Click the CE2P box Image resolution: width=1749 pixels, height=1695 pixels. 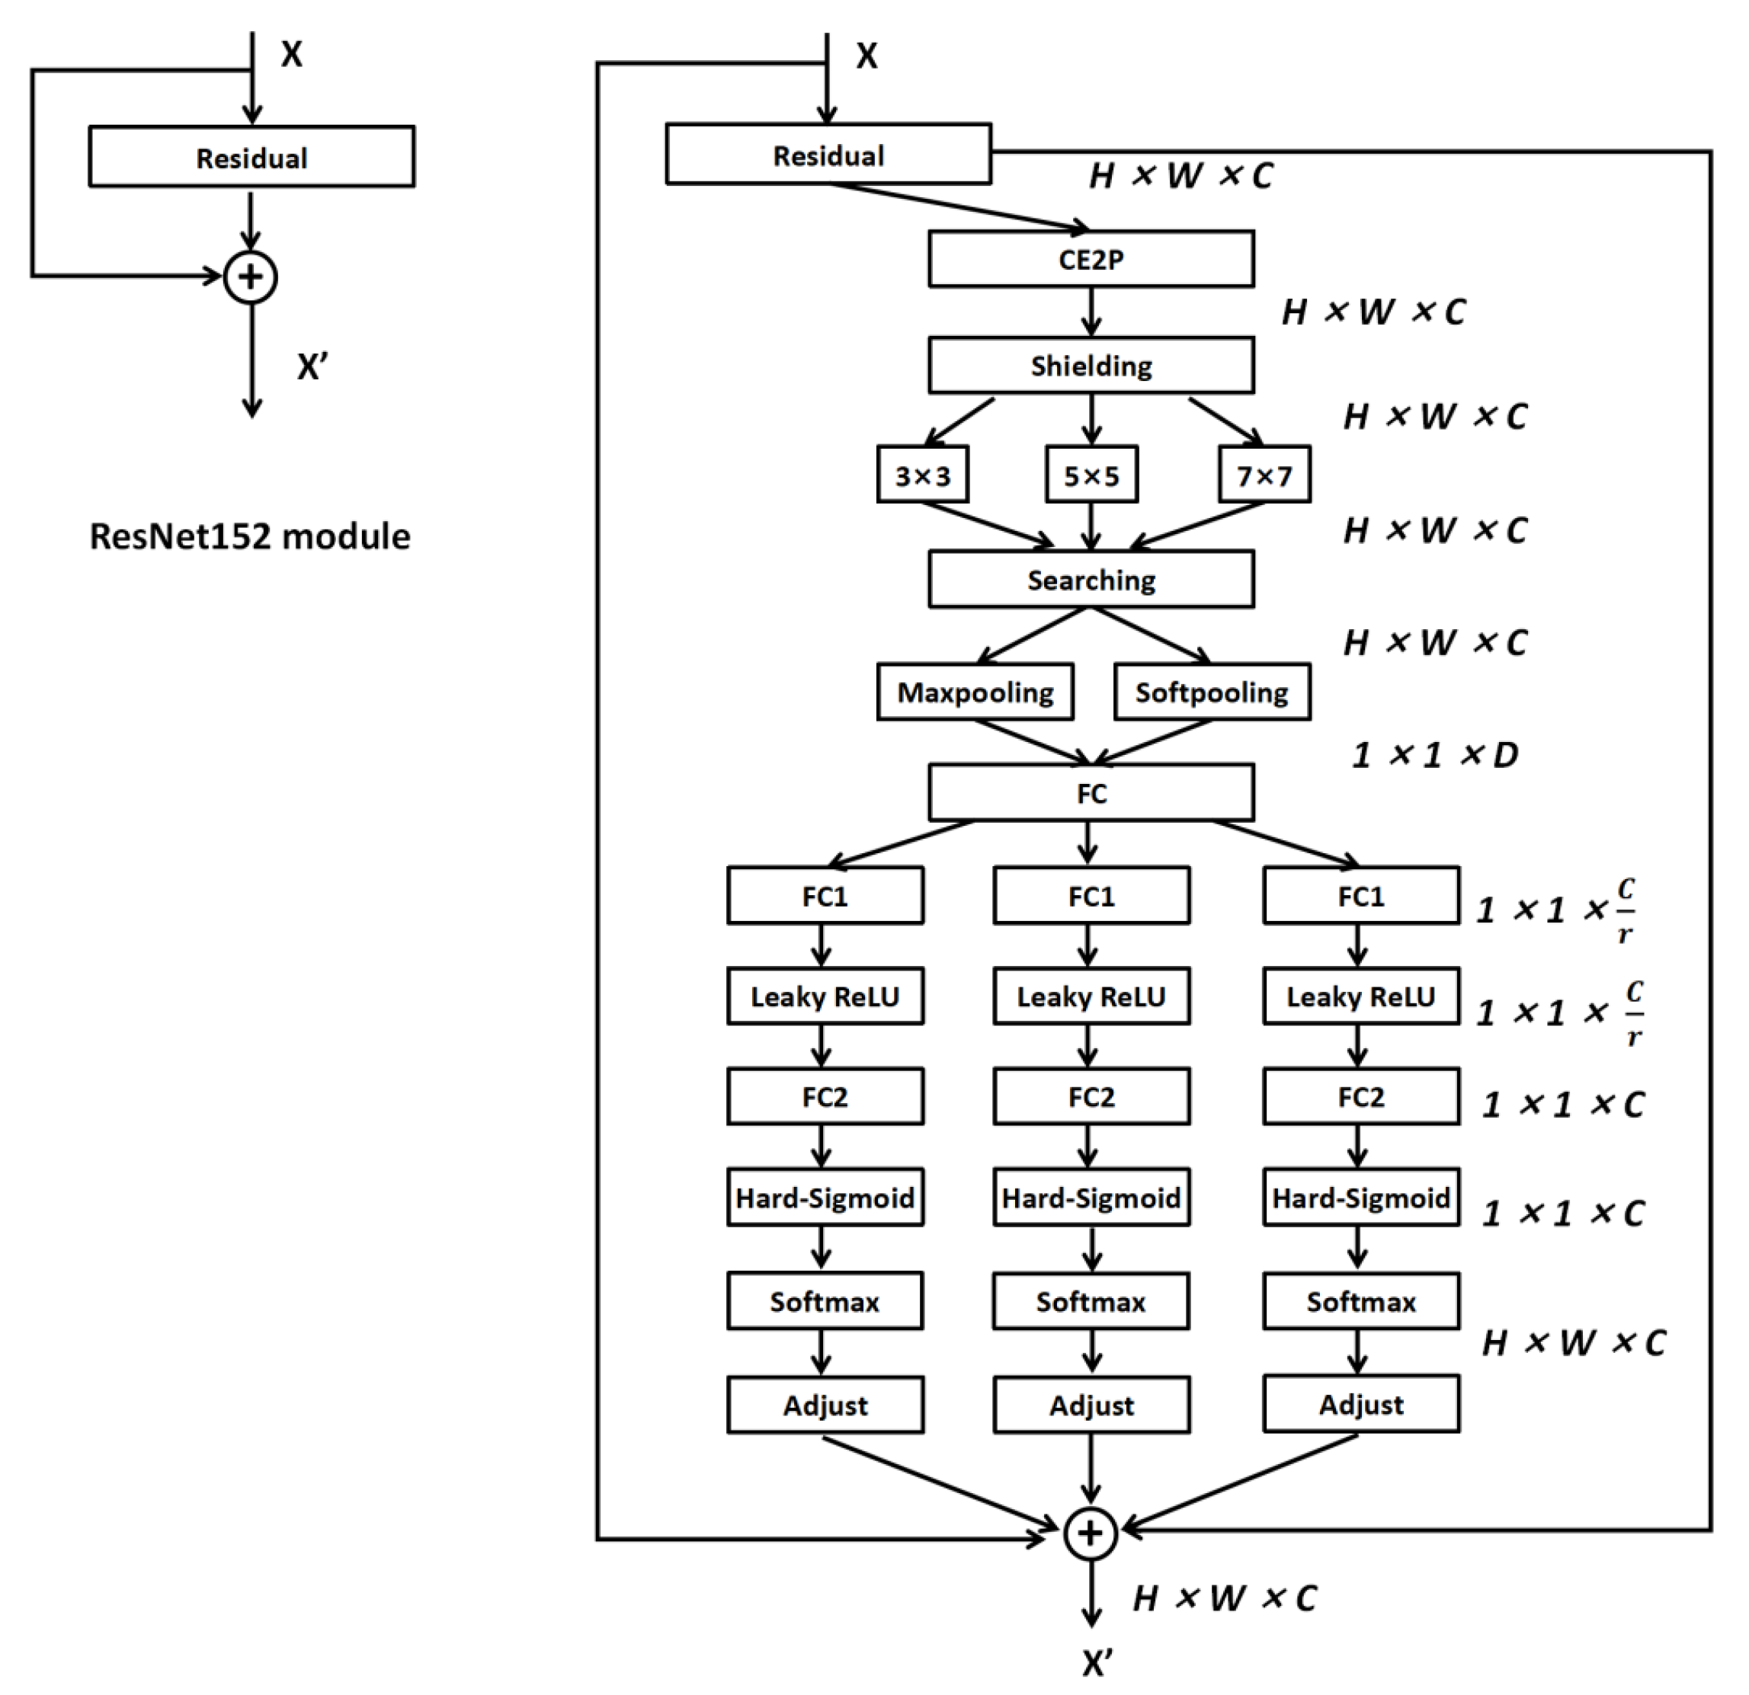click(x=1091, y=260)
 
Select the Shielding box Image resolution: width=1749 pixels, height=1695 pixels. click(x=1091, y=366)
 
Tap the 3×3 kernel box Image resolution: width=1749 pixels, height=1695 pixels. click(x=922, y=475)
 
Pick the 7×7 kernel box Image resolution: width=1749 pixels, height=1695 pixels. click(x=1264, y=475)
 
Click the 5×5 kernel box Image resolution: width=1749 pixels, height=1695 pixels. click(x=1091, y=475)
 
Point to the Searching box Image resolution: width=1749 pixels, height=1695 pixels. click(x=1091, y=580)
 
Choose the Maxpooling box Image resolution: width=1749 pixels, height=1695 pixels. click(x=975, y=692)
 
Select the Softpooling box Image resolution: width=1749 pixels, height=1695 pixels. click(x=1211, y=692)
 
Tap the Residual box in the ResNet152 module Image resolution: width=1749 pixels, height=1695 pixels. click(x=251, y=158)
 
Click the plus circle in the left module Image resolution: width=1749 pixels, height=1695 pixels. click(x=251, y=277)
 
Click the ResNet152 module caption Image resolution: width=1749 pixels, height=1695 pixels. click(x=250, y=536)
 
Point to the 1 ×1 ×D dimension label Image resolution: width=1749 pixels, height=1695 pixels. click(x=1434, y=756)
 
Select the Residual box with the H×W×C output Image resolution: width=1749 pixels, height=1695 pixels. click(x=828, y=155)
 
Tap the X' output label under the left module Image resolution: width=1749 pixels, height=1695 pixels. click(x=312, y=366)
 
